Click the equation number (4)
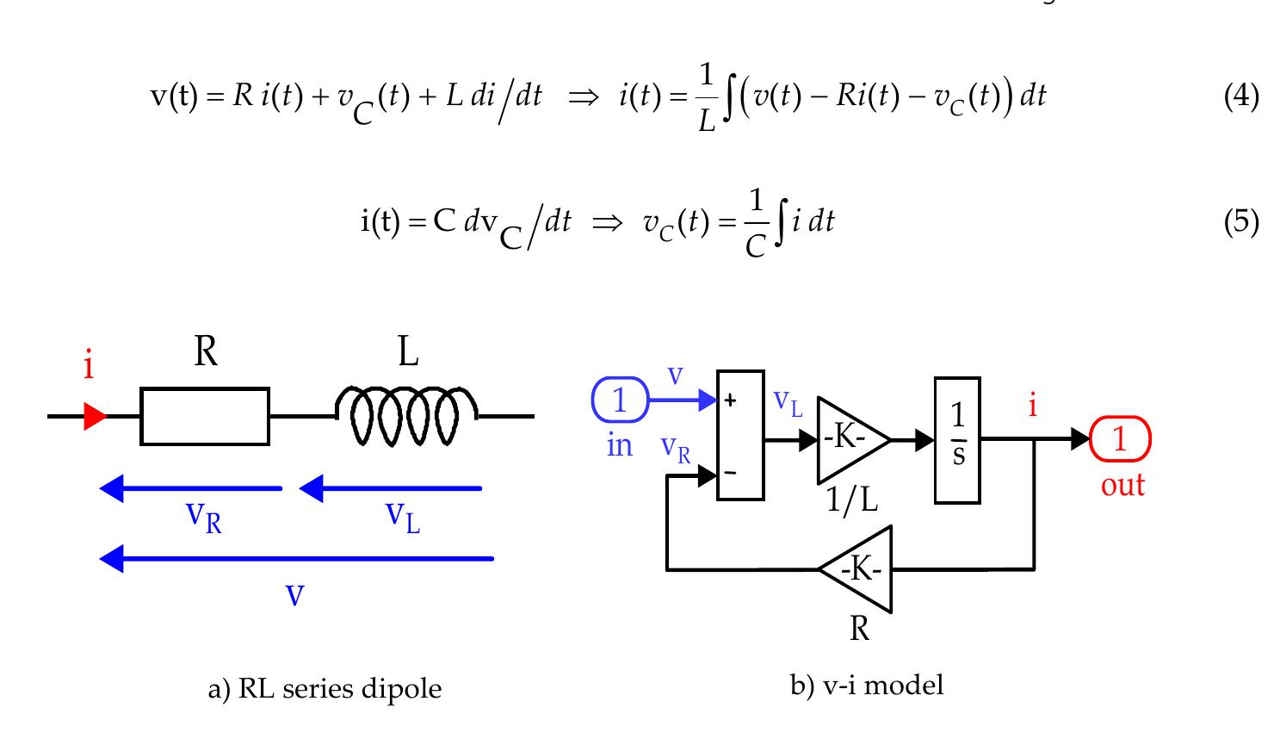pos(1240,96)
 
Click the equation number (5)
pos(1240,222)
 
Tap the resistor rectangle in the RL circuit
pos(205,416)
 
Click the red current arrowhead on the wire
pos(95,417)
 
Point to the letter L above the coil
pos(408,351)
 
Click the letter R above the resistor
pos(205,351)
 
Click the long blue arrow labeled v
pos(297,559)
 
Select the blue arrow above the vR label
pos(191,489)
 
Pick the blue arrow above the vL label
pos(390,489)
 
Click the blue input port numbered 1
pos(620,400)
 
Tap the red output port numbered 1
pos(1119,439)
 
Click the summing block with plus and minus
pos(740,435)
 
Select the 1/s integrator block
pos(957,439)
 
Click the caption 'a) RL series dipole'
pos(325,689)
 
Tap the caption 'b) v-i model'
pos(866,686)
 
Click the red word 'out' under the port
pos(1122,485)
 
